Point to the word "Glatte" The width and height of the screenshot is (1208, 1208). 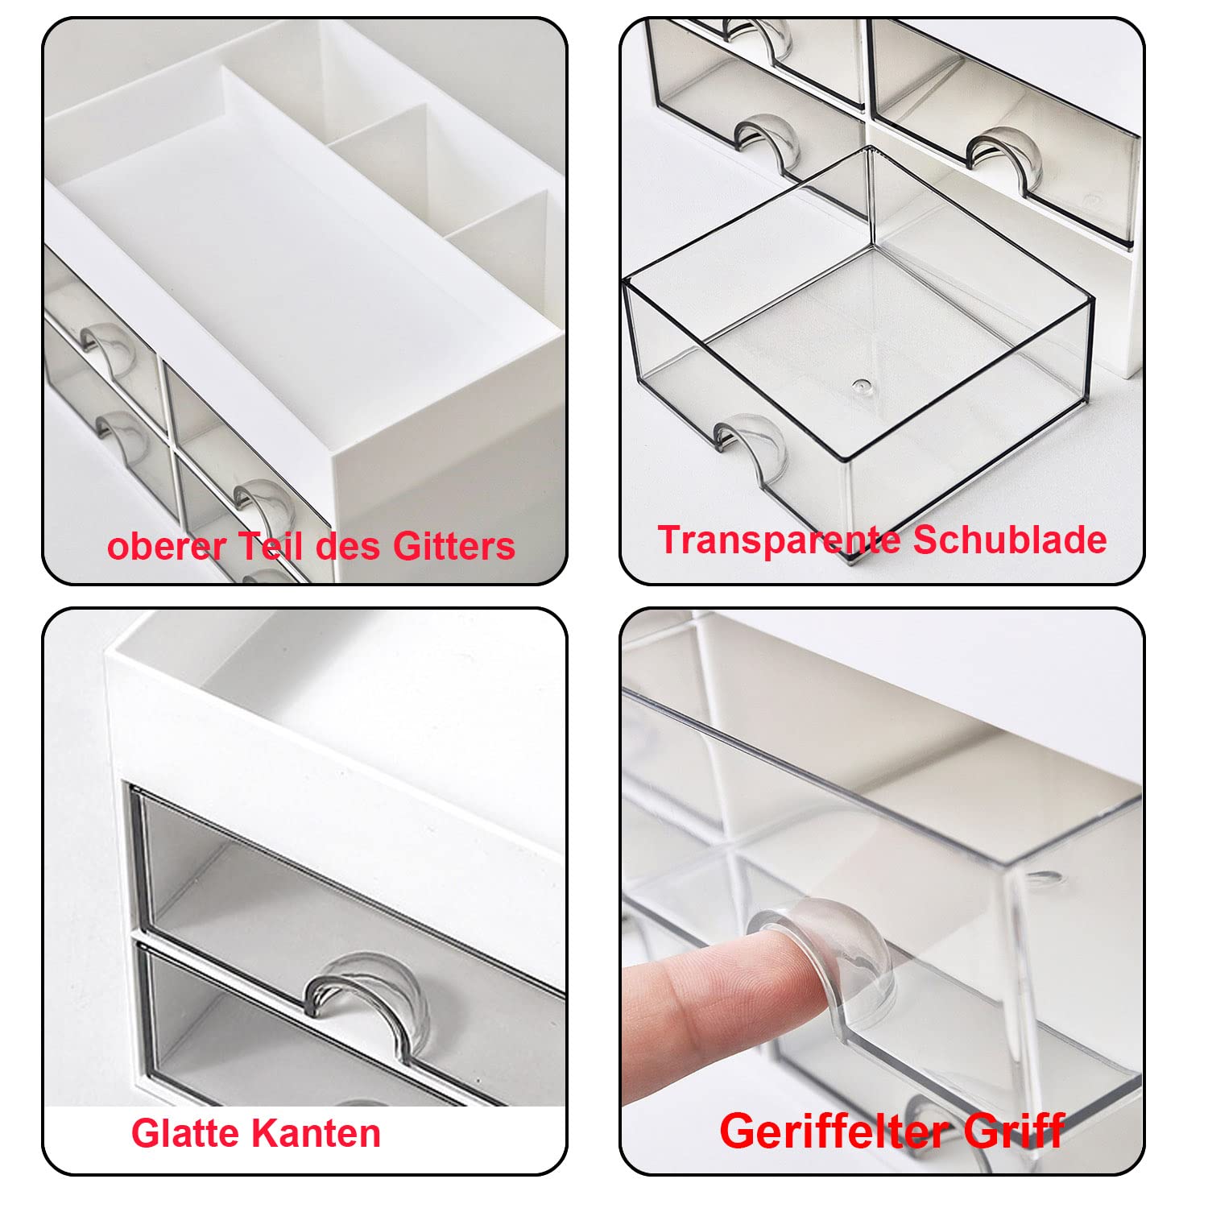click(x=186, y=1133)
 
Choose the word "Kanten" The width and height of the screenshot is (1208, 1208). click(x=316, y=1133)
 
